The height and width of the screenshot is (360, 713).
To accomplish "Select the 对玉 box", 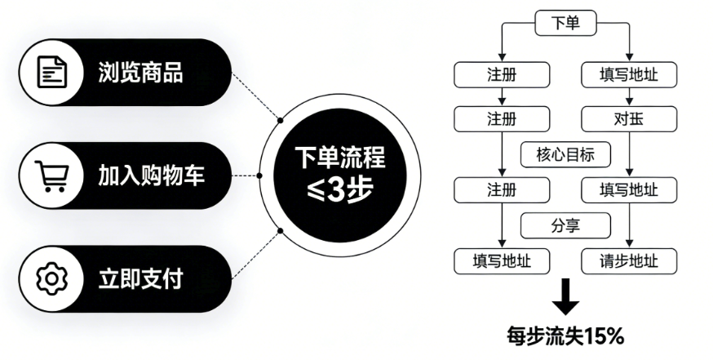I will (629, 120).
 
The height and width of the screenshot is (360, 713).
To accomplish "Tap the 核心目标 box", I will (565, 153).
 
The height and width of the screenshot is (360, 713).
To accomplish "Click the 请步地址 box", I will (629, 261).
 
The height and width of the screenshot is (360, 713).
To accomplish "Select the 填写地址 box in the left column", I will (502, 261).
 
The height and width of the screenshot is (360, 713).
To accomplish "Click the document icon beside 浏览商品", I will (51, 72).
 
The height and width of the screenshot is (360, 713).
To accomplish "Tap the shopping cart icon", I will (51, 176).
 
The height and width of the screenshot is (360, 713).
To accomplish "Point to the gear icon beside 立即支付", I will (51, 279).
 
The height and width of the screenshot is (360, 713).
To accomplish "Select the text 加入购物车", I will (151, 176).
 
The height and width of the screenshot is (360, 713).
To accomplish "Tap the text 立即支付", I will (139, 279).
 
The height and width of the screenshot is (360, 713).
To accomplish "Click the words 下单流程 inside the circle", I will (340, 158).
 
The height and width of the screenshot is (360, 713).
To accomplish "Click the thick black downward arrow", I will (565, 298).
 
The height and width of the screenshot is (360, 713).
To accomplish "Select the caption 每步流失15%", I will (565, 335).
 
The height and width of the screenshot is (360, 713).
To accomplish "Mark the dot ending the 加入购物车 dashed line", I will (259, 175).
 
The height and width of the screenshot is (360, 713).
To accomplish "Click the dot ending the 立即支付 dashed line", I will (280, 230).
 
